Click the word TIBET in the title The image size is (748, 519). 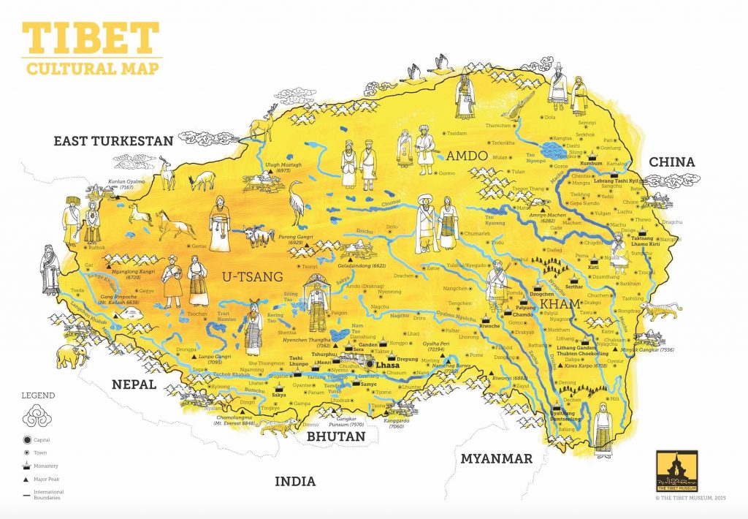click(90, 37)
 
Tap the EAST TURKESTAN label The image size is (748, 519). click(113, 141)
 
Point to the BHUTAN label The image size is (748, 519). click(335, 436)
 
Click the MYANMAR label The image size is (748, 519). click(495, 458)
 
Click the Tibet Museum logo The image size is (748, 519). click(677, 470)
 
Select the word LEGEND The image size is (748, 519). click(37, 395)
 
